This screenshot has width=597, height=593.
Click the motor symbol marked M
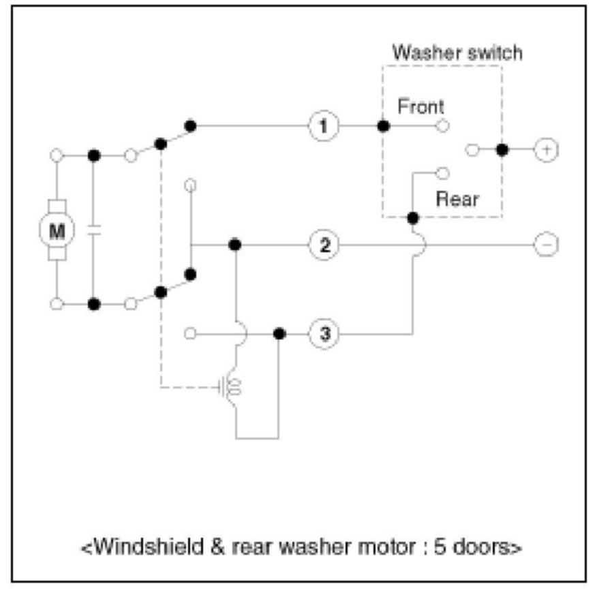click(x=58, y=230)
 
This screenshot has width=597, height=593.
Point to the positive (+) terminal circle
click(x=545, y=150)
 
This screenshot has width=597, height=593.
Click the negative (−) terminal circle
click(x=545, y=244)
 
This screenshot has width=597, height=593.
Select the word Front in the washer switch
click(x=420, y=107)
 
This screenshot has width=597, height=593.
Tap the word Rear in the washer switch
click(x=457, y=200)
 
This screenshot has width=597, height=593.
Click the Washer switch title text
click(x=457, y=53)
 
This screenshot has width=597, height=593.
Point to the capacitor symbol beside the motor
click(x=95, y=230)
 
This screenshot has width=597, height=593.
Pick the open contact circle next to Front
click(x=443, y=126)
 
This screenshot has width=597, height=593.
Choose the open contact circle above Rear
click(x=443, y=172)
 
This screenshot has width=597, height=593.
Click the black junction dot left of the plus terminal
click(x=502, y=150)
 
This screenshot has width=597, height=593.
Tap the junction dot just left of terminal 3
click(x=279, y=334)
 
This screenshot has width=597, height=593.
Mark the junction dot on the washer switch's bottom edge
click(x=412, y=217)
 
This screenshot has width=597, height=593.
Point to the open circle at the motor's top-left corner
click(x=57, y=156)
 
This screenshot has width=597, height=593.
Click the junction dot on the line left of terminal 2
click(x=235, y=244)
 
